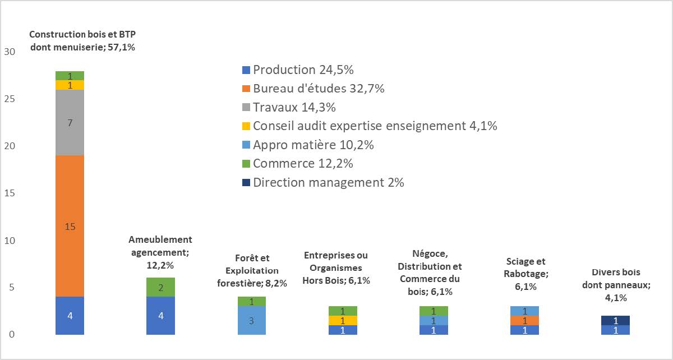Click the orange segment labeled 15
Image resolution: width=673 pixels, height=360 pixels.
(70, 226)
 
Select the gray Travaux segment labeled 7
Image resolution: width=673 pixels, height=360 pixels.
(70, 122)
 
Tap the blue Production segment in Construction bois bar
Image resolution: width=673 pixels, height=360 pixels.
(70, 316)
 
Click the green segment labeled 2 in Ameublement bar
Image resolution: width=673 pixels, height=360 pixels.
(161, 287)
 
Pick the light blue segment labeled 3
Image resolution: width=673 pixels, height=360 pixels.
(252, 320)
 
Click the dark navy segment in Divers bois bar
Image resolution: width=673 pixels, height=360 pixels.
(615, 321)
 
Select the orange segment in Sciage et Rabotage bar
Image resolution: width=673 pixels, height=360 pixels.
(524, 320)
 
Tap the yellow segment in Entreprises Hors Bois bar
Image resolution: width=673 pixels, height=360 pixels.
(343, 320)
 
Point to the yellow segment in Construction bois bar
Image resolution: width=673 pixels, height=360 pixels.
(70, 85)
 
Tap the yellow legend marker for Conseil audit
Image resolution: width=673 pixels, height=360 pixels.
(245, 126)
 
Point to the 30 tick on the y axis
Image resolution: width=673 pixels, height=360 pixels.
(9, 52)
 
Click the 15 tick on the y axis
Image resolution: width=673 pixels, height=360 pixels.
(9, 193)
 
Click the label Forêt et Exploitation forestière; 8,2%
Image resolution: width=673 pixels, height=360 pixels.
(252, 270)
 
